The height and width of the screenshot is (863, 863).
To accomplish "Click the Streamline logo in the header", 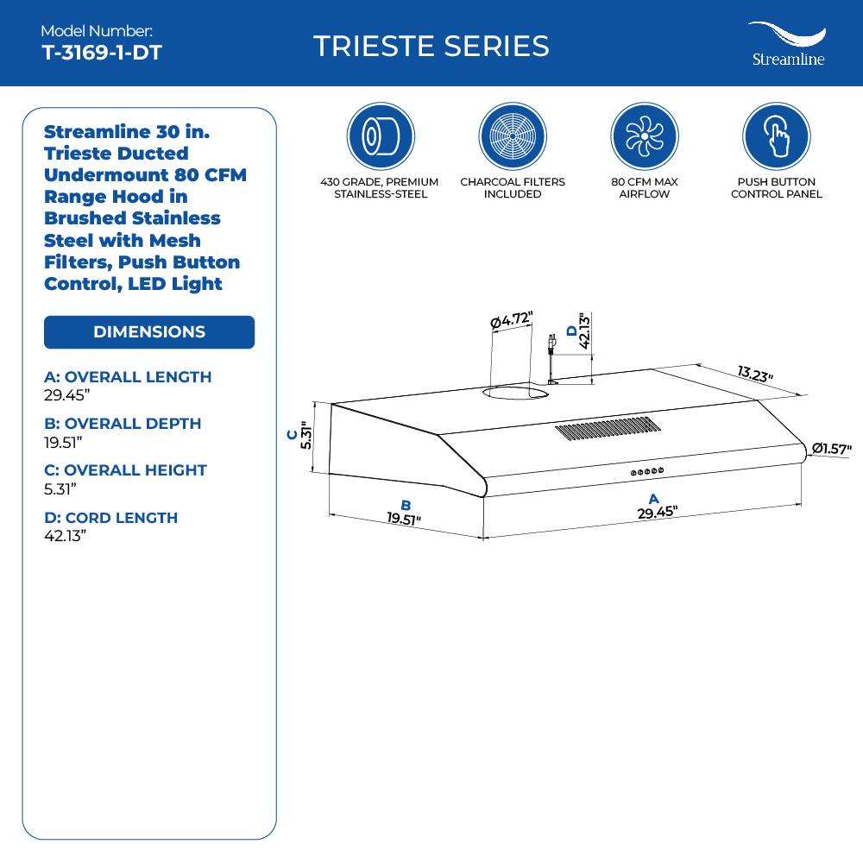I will click(x=786, y=44).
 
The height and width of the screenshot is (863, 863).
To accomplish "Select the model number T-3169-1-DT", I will click(x=102, y=52).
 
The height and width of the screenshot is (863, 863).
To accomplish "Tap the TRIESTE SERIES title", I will click(x=431, y=46).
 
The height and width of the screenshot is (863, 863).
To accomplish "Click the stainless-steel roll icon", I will click(x=380, y=136).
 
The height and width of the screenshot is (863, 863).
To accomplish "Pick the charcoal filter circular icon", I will click(x=512, y=136).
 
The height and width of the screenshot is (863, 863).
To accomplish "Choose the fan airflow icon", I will click(x=644, y=136).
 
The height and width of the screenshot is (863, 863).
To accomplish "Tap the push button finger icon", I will click(x=776, y=136).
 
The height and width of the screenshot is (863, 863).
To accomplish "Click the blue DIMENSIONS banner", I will click(x=149, y=332).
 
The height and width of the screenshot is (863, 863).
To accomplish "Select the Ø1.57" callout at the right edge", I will click(x=832, y=449).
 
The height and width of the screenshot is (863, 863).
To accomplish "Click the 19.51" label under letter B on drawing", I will click(x=404, y=519).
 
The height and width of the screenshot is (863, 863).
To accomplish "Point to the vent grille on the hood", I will click(x=608, y=429).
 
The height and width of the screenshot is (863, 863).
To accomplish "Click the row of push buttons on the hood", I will click(x=647, y=471).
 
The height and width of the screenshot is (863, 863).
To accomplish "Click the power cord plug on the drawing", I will click(x=551, y=345).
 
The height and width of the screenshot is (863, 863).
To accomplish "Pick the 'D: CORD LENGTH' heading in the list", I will click(x=110, y=518).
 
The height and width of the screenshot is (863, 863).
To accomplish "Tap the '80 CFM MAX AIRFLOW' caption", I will click(x=644, y=188).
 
